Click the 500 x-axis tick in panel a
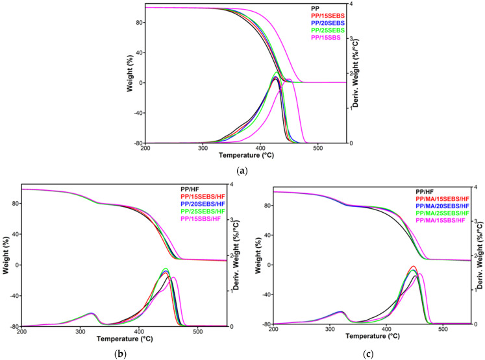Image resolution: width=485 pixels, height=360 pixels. [318, 149]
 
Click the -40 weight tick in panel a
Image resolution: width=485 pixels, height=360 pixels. [134, 112]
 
